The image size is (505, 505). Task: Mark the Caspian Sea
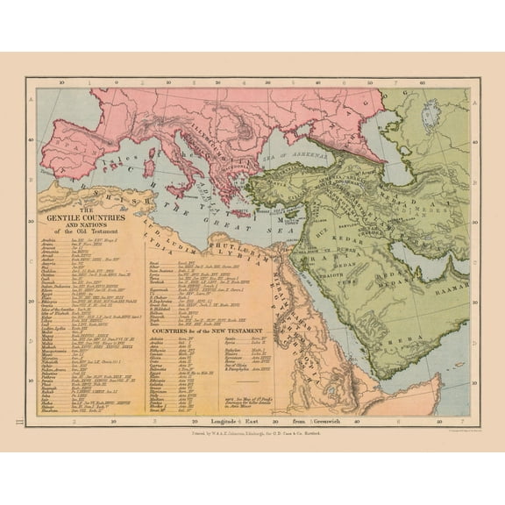(395, 153)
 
